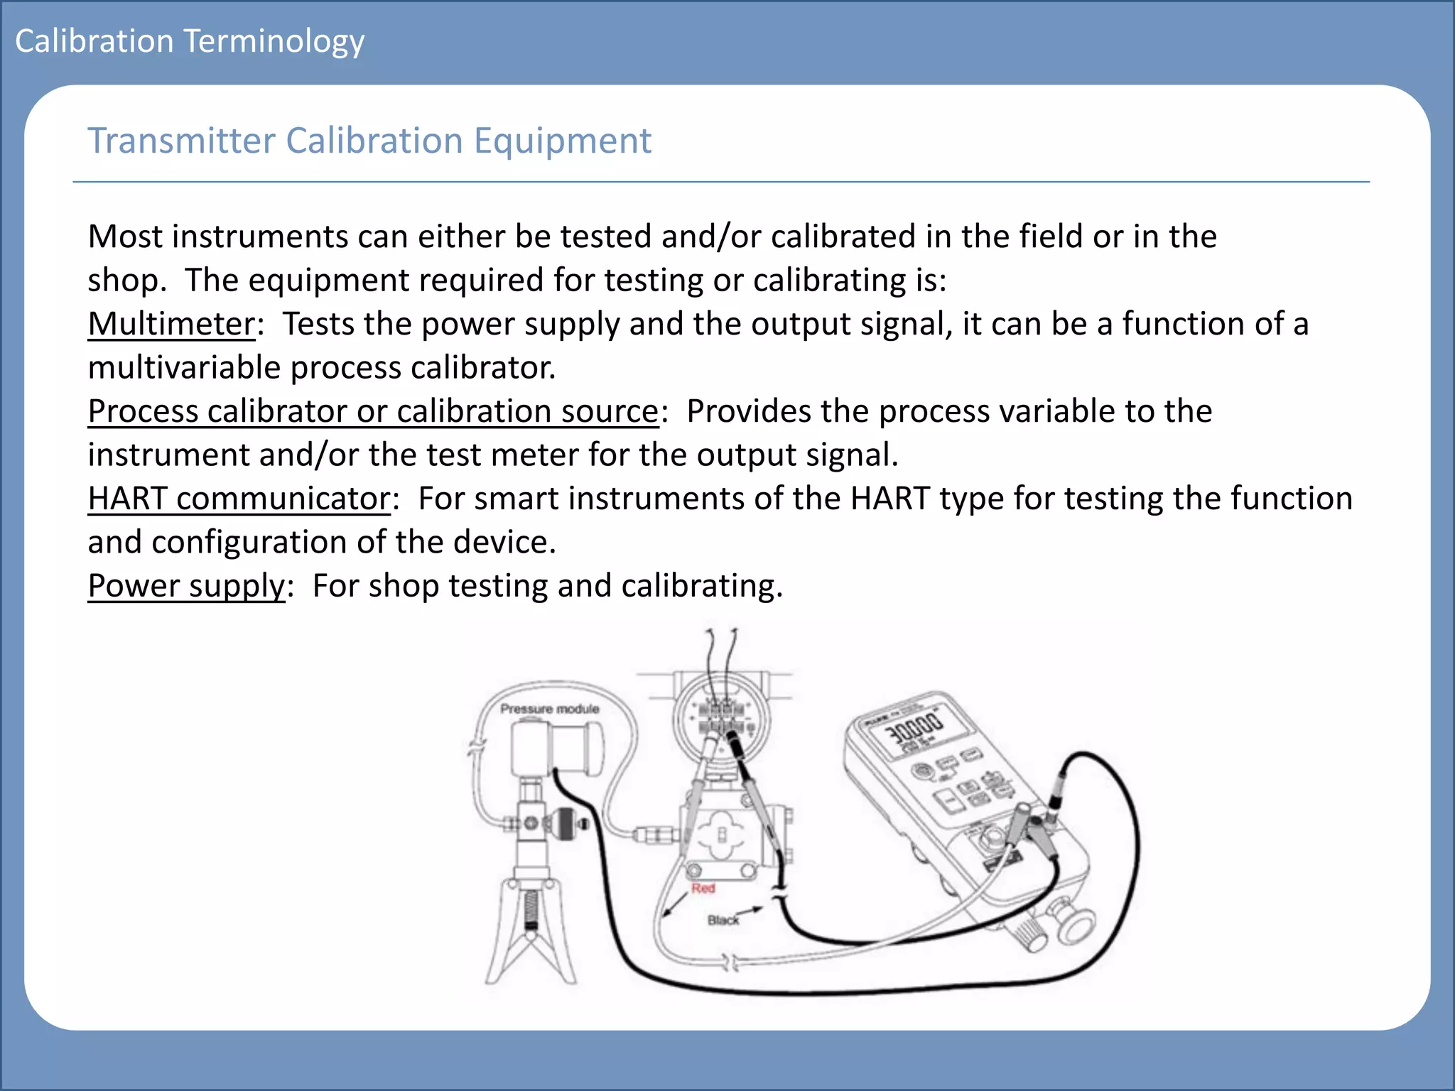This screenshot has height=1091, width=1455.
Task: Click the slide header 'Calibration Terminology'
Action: pos(190,42)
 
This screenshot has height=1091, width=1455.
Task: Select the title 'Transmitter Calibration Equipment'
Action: pos(369,141)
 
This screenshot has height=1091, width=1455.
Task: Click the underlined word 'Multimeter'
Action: pos(171,325)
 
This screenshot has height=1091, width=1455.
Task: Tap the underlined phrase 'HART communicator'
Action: pos(239,499)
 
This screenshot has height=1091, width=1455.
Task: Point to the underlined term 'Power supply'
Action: pos(186,586)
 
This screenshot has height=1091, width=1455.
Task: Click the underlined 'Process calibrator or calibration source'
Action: pos(373,411)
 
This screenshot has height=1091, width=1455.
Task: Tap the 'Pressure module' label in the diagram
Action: pos(549,709)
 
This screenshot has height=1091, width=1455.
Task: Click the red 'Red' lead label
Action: pos(703,889)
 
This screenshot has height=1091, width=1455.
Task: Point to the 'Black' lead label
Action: pos(723,921)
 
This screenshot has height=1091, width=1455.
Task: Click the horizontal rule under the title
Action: pos(720,182)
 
